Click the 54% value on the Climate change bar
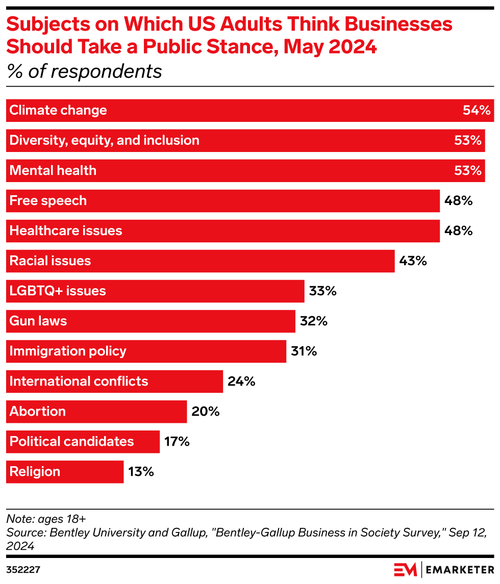pos(477,111)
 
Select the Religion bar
pos(65,472)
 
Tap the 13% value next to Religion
pos(141,472)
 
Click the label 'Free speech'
pos(48,201)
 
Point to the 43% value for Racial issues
pos(413,261)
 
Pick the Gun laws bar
pos(151,321)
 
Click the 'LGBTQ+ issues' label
pos(58,291)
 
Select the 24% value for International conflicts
pos(241,382)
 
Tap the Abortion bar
pos(96,412)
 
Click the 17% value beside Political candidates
pos(177,442)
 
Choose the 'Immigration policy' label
pos(68,351)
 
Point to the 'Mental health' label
pos(53,171)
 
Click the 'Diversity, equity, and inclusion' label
pos(104,141)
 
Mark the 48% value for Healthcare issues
pos(458,231)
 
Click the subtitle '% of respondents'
pos(84,71)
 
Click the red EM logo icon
pos(405,569)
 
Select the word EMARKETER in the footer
pos(459,569)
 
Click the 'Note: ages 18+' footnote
pos(46,519)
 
